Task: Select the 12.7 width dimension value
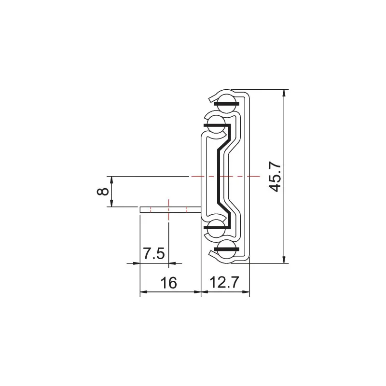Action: [224, 282]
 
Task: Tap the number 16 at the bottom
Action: [168, 282]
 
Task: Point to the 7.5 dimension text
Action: [154, 253]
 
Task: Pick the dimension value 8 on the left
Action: [102, 192]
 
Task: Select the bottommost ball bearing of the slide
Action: [226, 251]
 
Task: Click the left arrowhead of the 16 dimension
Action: [143, 292]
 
